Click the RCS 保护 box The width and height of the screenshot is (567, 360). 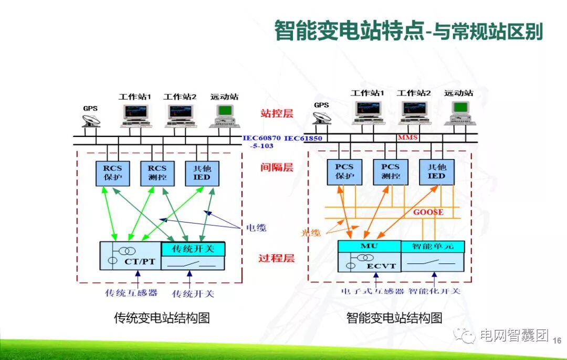coord(112,173)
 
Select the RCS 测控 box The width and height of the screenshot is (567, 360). coord(157,173)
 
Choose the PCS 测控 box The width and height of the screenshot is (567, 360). coord(390,171)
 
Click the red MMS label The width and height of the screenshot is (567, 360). coord(407,137)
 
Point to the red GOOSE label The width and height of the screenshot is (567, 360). coord(428,213)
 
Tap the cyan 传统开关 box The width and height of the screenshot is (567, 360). coord(193,248)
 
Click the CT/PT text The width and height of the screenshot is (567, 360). coord(139,261)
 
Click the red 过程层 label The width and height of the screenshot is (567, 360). coord(276,258)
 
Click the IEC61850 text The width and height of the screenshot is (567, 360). coord(303,138)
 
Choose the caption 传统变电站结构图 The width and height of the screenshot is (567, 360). coord(162,318)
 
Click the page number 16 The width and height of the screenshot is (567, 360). coord(557,341)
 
